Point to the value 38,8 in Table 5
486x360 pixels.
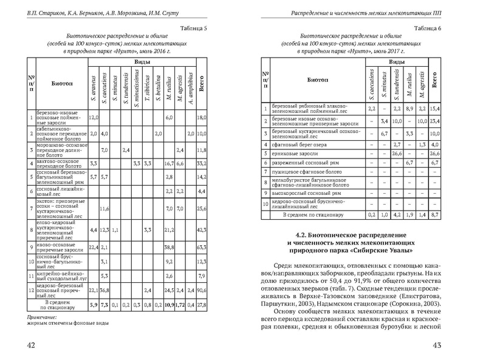169,247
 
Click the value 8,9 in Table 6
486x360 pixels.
409,109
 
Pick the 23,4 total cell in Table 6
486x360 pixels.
434,121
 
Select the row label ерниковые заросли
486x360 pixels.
294,154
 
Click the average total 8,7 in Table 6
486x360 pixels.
434,214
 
